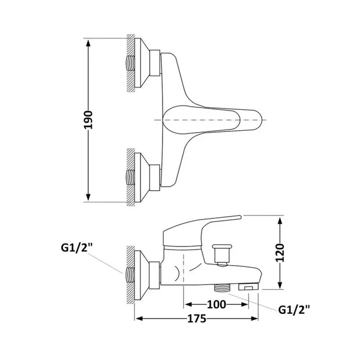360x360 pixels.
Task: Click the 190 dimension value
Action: tap(88, 120)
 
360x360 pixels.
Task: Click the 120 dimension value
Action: tap(280, 253)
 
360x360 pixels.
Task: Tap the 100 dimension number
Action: tap(217, 304)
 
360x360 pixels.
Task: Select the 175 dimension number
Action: tap(197, 319)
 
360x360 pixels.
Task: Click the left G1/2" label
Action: tap(76, 248)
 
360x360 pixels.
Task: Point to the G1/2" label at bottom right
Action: tap(294, 310)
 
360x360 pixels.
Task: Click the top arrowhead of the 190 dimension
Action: tap(88, 43)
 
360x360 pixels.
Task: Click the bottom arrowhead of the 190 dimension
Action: tap(88, 197)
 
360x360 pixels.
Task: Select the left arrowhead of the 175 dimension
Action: tap(140, 319)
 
